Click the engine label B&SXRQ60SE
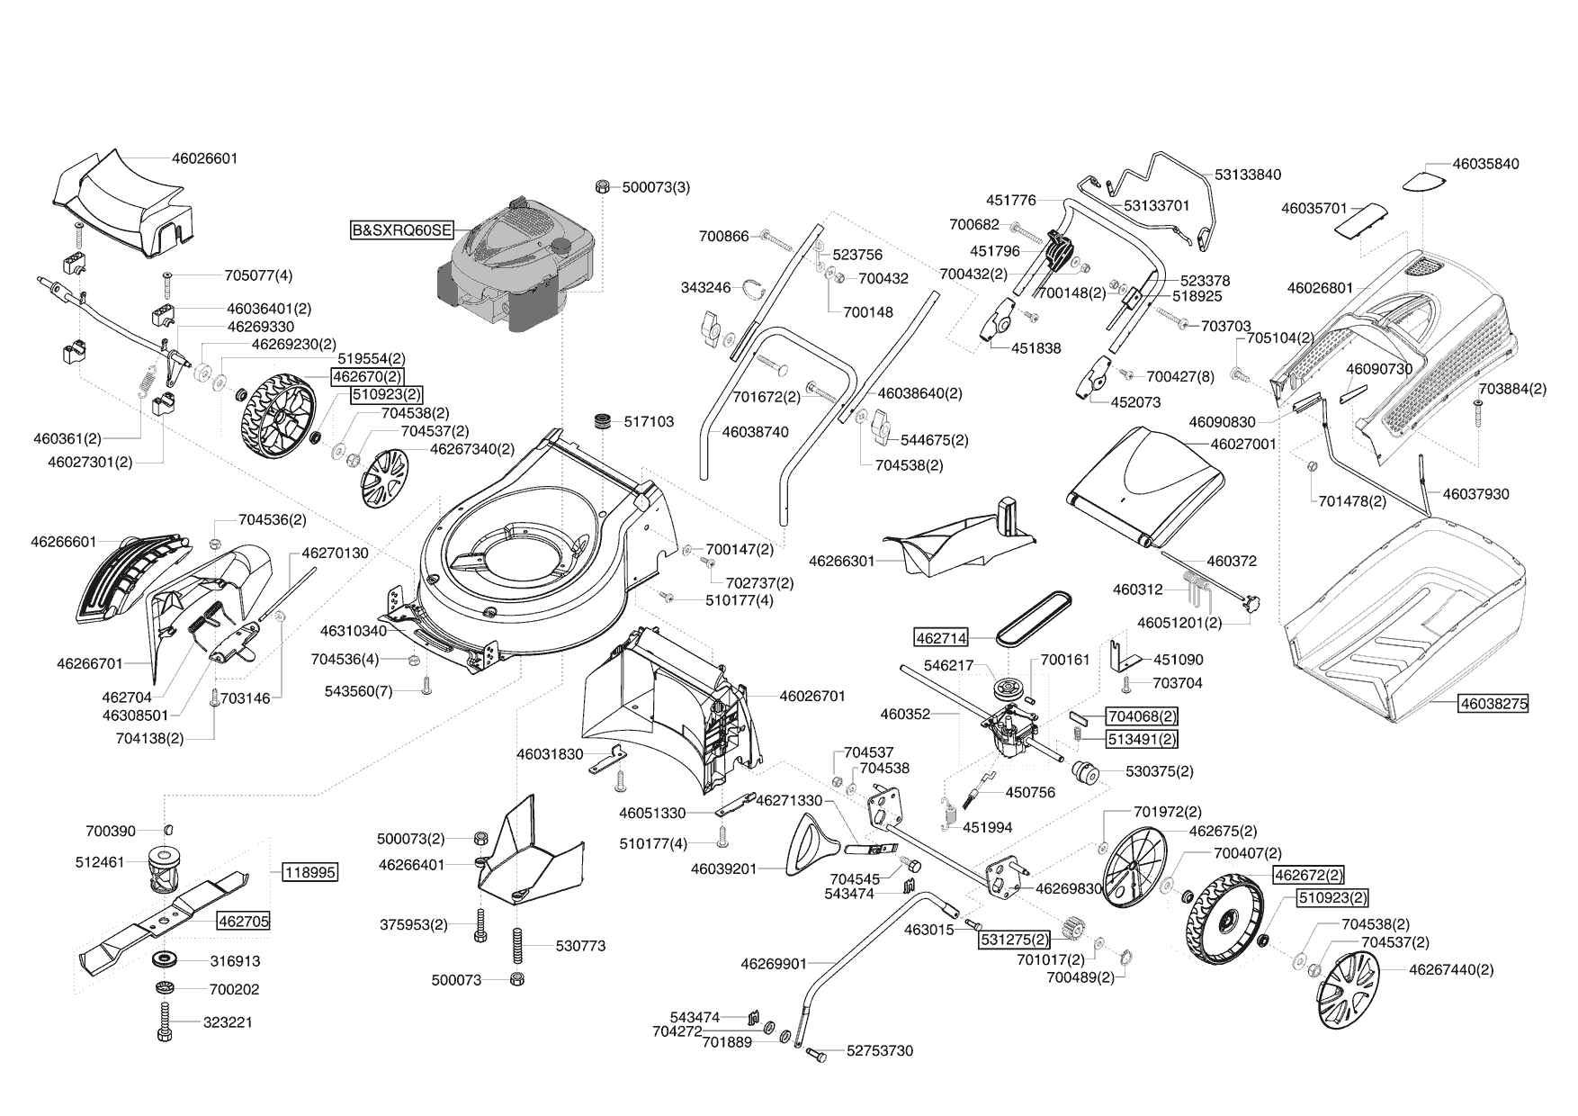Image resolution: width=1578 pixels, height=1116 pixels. [402, 229]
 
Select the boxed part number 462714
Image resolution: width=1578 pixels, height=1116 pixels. [941, 638]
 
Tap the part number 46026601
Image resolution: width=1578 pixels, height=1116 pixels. [204, 158]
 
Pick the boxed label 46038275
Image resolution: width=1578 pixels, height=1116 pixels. [1493, 704]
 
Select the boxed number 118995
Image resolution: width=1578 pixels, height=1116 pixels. [310, 872]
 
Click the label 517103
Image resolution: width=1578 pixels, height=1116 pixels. [648, 421]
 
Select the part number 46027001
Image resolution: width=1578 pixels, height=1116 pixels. [1243, 444]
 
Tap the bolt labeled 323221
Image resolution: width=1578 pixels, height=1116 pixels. [165, 1023]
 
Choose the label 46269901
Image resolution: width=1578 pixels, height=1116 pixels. [774, 964]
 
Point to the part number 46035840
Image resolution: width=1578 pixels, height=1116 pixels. [1485, 164]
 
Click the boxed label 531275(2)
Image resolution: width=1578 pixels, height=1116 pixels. [1014, 940]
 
